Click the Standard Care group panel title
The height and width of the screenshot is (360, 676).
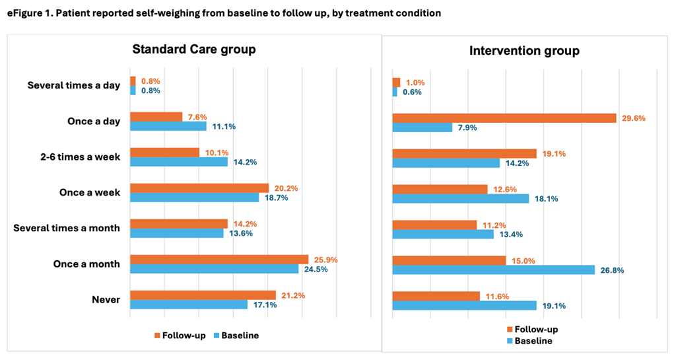[194, 50]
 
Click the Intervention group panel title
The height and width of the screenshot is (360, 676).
[524, 51]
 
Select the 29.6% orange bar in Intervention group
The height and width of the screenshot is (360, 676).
[504, 118]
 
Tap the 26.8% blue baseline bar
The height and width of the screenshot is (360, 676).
[494, 270]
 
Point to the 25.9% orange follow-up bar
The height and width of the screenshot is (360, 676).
[219, 259]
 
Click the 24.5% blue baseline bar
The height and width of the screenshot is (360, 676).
[215, 269]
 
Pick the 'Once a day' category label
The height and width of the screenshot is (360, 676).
[94, 122]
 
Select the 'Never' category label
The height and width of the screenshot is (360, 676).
[106, 300]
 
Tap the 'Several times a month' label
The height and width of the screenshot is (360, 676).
[67, 229]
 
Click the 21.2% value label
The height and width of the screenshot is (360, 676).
[292, 295]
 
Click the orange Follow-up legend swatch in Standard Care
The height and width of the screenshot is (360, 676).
[157, 336]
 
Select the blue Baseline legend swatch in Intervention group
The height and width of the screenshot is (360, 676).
[510, 341]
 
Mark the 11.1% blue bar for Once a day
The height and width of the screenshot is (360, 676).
[168, 126]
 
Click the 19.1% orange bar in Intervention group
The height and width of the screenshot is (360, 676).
[465, 153]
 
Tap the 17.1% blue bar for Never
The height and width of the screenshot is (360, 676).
[189, 305]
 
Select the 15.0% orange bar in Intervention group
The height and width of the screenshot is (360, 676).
[449, 260]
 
